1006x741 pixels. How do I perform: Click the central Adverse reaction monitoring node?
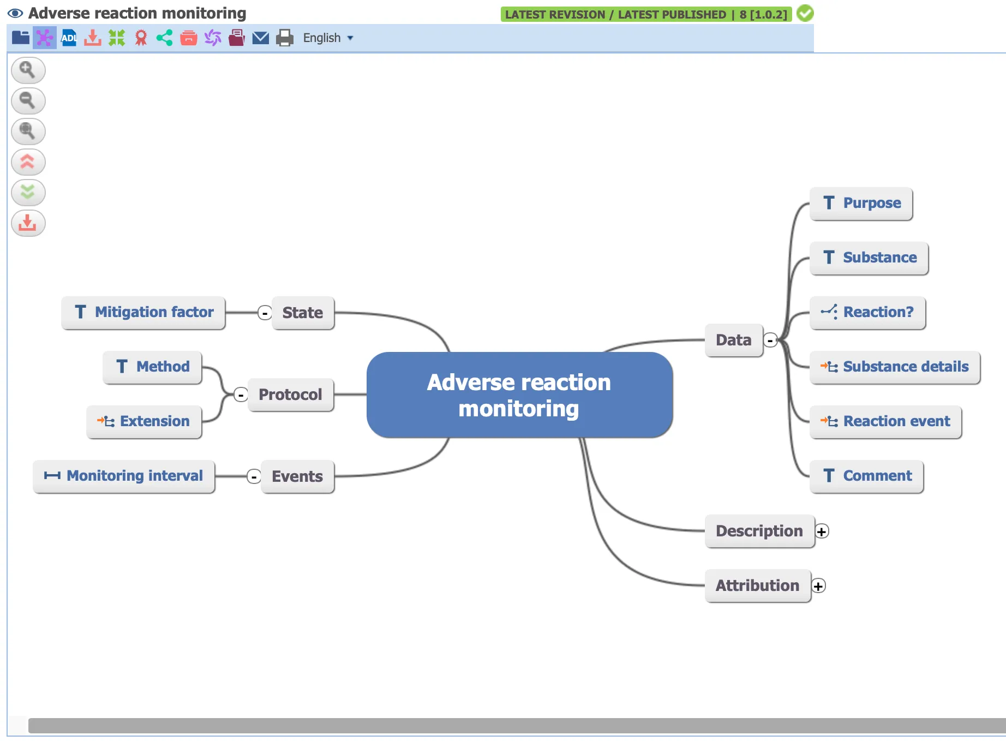click(519, 395)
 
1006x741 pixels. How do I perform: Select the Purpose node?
click(861, 204)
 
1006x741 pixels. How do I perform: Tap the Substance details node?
click(895, 367)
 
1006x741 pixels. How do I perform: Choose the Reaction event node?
click(885, 422)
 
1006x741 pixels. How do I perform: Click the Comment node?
click(866, 476)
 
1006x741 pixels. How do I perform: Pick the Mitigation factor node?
click(143, 313)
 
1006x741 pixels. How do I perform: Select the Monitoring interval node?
click(124, 476)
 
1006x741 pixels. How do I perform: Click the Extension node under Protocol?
click(144, 422)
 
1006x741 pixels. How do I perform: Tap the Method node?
click(152, 367)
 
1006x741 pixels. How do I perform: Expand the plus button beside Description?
click(822, 531)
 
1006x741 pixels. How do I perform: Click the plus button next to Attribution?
click(818, 585)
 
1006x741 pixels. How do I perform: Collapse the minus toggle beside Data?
click(770, 340)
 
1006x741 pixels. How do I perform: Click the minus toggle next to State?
click(265, 313)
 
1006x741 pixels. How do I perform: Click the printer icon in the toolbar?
click(284, 38)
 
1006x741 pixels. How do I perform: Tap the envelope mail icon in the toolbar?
click(261, 38)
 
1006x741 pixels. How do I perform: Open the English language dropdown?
click(328, 38)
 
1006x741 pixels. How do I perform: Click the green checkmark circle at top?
click(805, 14)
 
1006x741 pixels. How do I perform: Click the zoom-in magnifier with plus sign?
click(28, 70)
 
